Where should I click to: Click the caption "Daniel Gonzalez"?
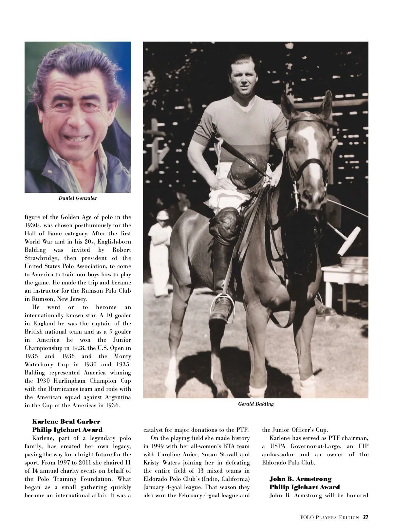coord(78,198)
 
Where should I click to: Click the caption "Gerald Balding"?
coord(256,404)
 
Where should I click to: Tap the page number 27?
coord(365,517)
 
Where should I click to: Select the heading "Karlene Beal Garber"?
coord(66,421)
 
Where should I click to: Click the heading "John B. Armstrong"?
coord(300,479)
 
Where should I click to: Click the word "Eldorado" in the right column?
coord(276,463)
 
